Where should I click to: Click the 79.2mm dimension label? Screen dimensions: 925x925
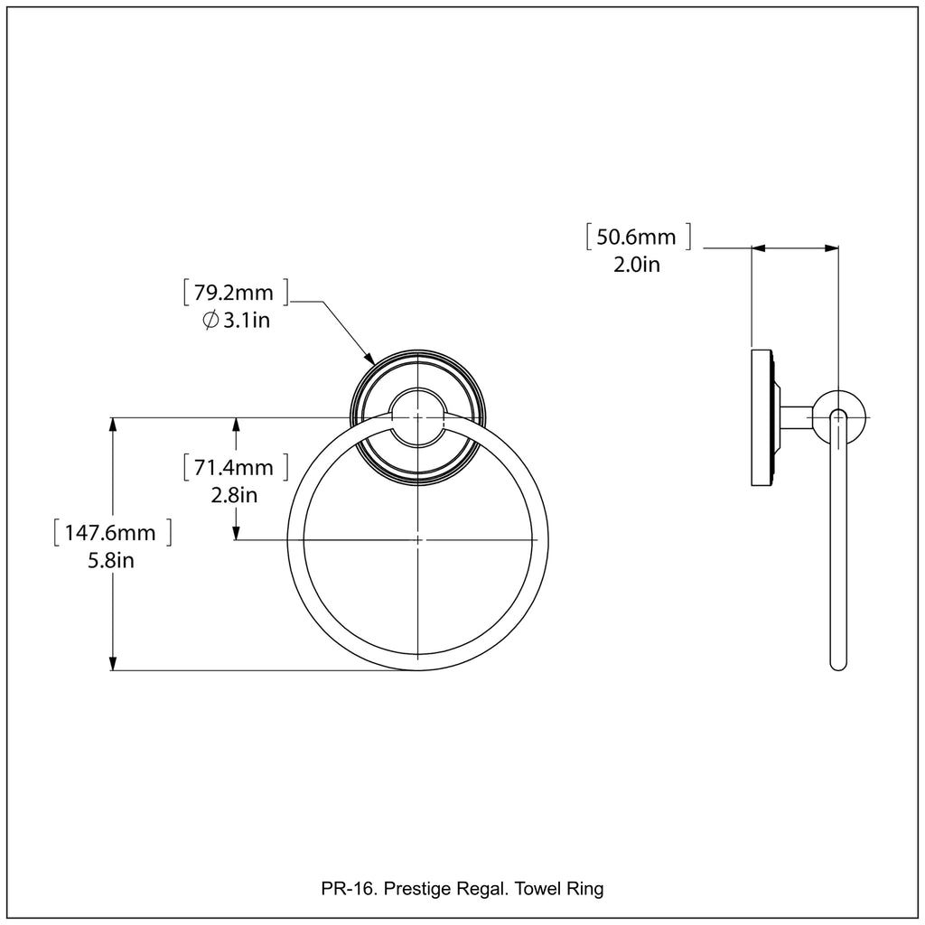[235, 293]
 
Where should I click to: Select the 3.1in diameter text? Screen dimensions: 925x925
[246, 320]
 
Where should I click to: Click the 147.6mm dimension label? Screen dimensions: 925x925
[112, 533]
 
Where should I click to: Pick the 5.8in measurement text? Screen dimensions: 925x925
[112, 560]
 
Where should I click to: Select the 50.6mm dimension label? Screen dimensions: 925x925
[638, 238]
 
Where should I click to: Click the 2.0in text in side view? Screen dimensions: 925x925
[638, 265]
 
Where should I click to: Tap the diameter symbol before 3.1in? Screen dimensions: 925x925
[210, 320]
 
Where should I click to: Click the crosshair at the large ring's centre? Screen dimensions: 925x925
[417, 540]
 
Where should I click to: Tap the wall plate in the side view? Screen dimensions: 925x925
[761, 416]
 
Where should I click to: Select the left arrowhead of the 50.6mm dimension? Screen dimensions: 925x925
[758, 247]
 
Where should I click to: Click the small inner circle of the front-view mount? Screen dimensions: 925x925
[417, 417]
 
